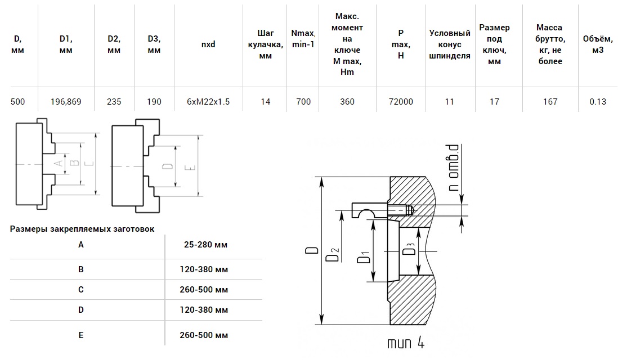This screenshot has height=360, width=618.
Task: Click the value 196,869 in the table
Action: tap(66, 102)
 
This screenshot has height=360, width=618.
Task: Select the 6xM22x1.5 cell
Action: tap(208, 102)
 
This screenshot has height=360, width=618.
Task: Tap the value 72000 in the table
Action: tap(401, 102)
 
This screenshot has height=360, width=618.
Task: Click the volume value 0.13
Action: tap(598, 102)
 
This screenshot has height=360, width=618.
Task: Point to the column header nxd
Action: tap(208, 44)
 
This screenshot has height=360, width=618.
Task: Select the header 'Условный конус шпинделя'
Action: tap(450, 44)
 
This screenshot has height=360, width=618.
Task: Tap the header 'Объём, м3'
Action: tap(598, 44)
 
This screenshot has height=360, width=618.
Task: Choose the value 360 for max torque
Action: tap(347, 102)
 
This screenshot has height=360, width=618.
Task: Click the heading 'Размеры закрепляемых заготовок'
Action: tap(82, 229)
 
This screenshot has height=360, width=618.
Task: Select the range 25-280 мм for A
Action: tap(206, 245)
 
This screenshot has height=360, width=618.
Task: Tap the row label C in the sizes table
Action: tap(81, 290)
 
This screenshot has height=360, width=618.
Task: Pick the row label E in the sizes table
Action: tap(81, 335)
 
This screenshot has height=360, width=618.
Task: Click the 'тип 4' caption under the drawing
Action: tap(405, 343)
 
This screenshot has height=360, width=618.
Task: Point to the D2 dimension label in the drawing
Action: tap(332, 254)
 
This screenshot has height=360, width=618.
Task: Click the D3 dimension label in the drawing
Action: tap(410, 245)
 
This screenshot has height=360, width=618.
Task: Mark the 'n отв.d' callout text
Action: tap(454, 168)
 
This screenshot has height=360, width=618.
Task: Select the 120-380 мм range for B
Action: tap(206, 269)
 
